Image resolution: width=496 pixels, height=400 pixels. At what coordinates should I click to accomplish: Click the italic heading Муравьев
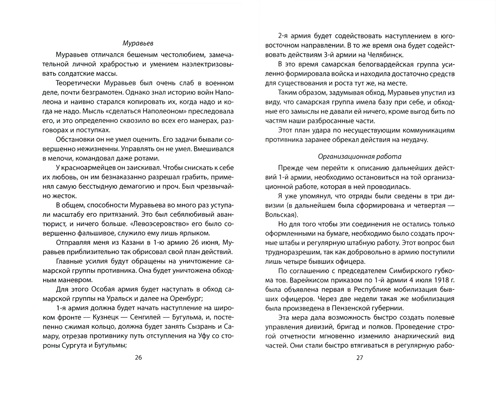(138, 43)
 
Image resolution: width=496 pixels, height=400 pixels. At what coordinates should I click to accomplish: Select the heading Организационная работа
(359, 156)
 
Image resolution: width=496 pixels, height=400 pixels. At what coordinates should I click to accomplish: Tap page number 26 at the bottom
(138, 357)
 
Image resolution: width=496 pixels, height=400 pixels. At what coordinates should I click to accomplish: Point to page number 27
(359, 357)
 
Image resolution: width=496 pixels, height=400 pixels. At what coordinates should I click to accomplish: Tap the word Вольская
(280, 215)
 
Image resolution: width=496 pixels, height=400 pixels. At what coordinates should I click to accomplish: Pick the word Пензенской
(351, 308)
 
